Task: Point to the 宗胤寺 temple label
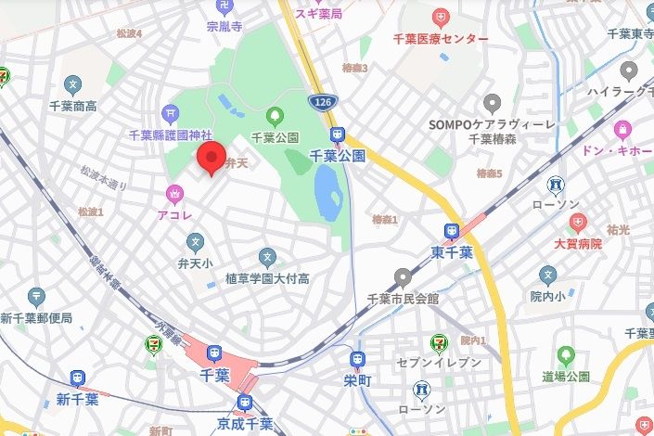click(x=224, y=27)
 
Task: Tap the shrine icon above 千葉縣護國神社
click(x=172, y=113)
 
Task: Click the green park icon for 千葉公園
click(x=275, y=117)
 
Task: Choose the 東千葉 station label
click(x=451, y=250)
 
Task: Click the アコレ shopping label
click(x=173, y=212)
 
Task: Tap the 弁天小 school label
click(x=194, y=263)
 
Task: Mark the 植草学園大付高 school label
click(x=267, y=278)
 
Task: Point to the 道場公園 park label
click(x=565, y=377)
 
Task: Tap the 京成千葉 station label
click(x=244, y=423)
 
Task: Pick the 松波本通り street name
click(x=103, y=177)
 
